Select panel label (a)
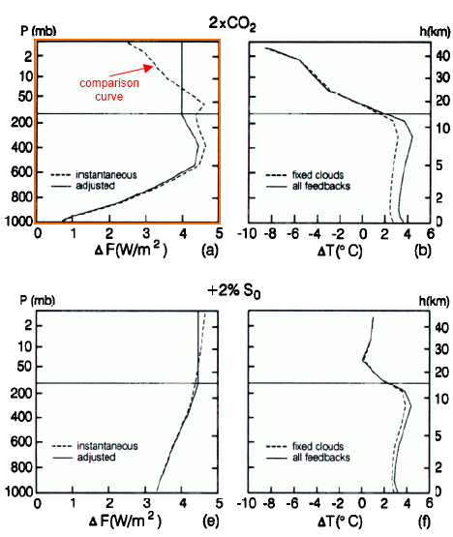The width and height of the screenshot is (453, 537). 206,250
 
